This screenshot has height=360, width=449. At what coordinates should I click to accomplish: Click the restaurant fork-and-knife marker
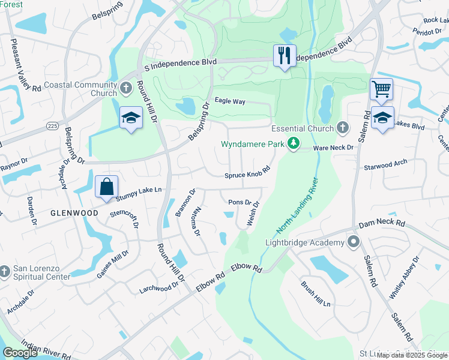click(283, 56)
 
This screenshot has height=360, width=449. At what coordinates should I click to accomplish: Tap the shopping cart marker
click(381, 89)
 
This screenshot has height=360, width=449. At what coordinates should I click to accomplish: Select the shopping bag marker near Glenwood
click(106, 186)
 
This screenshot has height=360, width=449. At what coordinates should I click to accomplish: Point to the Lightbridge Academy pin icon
click(353, 242)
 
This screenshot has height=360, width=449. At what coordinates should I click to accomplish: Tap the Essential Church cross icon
click(342, 128)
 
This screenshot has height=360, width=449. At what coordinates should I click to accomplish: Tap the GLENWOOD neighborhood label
click(74, 213)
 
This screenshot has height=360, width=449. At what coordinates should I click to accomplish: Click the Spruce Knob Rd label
click(247, 173)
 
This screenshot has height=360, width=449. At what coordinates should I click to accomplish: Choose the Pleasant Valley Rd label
click(25, 65)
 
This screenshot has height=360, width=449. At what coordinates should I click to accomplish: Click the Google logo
click(20, 353)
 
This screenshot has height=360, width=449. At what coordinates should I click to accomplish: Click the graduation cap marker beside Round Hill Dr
click(130, 118)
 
